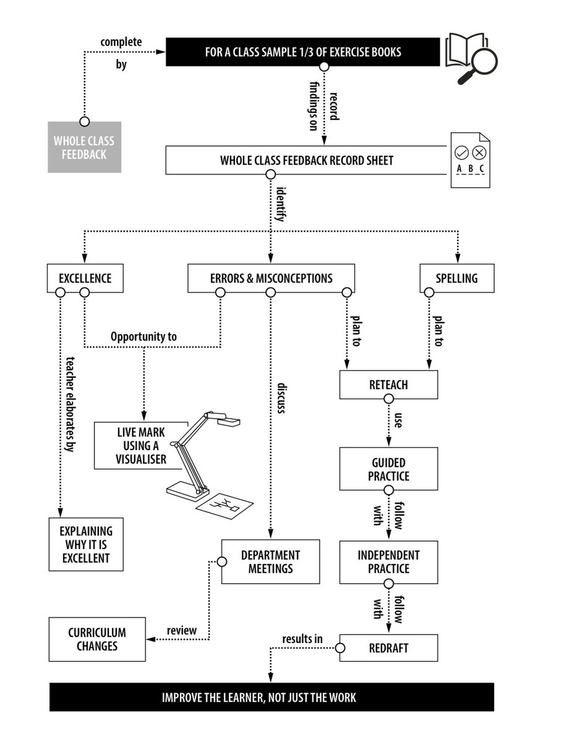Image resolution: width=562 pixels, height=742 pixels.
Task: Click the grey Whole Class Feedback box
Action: pyautogui.click(x=84, y=147)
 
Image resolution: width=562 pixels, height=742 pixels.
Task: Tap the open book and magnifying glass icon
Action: pyautogui.click(x=471, y=58)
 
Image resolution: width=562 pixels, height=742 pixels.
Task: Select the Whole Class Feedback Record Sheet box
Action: pyautogui.click(x=306, y=160)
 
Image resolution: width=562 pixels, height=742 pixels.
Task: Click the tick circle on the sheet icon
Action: pyautogui.click(x=461, y=153)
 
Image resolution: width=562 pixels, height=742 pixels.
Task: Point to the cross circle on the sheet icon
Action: pyautogui.click(x=479, y=153)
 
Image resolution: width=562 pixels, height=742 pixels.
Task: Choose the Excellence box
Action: pyautogui.click(x=85, y=278)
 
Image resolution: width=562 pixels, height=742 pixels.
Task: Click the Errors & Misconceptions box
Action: pyautogui.click(x=271, y=278)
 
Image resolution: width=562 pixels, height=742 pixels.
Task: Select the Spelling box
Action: pyautogui.click(x=457, y=278)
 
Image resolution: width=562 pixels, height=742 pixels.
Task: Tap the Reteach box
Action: pyautogui.click(x=389, y=385)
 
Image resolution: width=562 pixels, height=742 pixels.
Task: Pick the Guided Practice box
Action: pyautogui.click(x=389, y=469)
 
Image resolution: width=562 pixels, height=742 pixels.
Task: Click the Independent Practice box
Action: pyautogui.click(x=389, y=562)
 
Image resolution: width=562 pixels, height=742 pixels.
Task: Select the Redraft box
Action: pyautogui.click(x=389, y=647)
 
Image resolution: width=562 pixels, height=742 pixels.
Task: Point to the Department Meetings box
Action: pyautogui.click(x=270, y=561)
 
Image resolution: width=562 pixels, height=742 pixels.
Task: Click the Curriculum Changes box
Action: pyautogui.click(x=97, y=639)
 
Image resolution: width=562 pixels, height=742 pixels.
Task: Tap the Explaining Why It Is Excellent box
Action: pyautogui.click(x=86, y=545)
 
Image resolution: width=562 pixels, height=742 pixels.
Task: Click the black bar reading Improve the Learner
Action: pyautogui.click(x=271, y=697)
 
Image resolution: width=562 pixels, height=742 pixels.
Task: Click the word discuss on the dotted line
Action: pyautogui.click(x=281, y=398)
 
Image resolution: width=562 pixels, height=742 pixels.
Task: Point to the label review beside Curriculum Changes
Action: pyautogui.click(x=182, y=631)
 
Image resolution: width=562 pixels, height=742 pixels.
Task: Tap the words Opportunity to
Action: pyautogui.click(x=143, y=337)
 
